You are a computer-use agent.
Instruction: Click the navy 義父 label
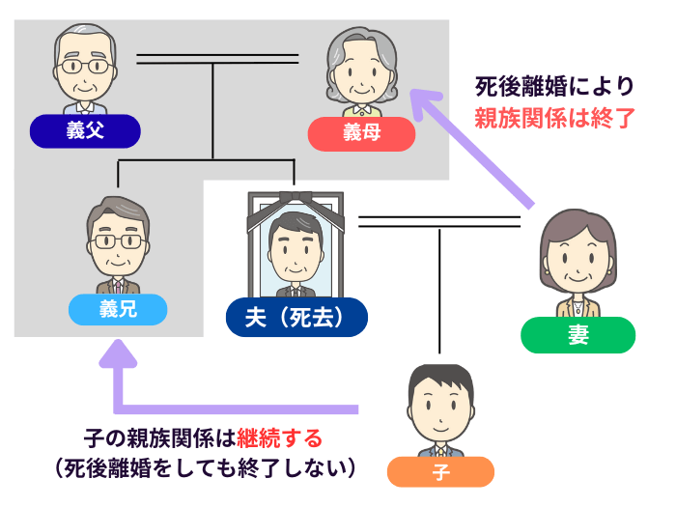86,131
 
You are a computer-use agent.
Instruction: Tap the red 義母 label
361,133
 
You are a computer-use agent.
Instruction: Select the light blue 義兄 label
118,310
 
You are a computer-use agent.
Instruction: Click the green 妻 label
577,334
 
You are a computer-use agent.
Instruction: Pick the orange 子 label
440,471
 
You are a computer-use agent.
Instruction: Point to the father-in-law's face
84,68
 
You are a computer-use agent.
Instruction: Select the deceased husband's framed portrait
296,246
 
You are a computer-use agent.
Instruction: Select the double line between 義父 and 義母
216,59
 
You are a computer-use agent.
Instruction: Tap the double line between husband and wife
439,223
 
